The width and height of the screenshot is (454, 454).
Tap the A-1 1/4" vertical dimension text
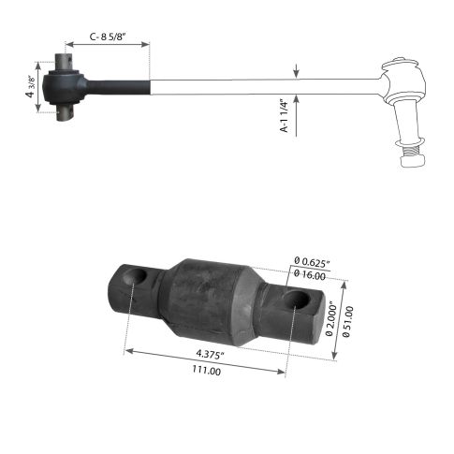[285, 118]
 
